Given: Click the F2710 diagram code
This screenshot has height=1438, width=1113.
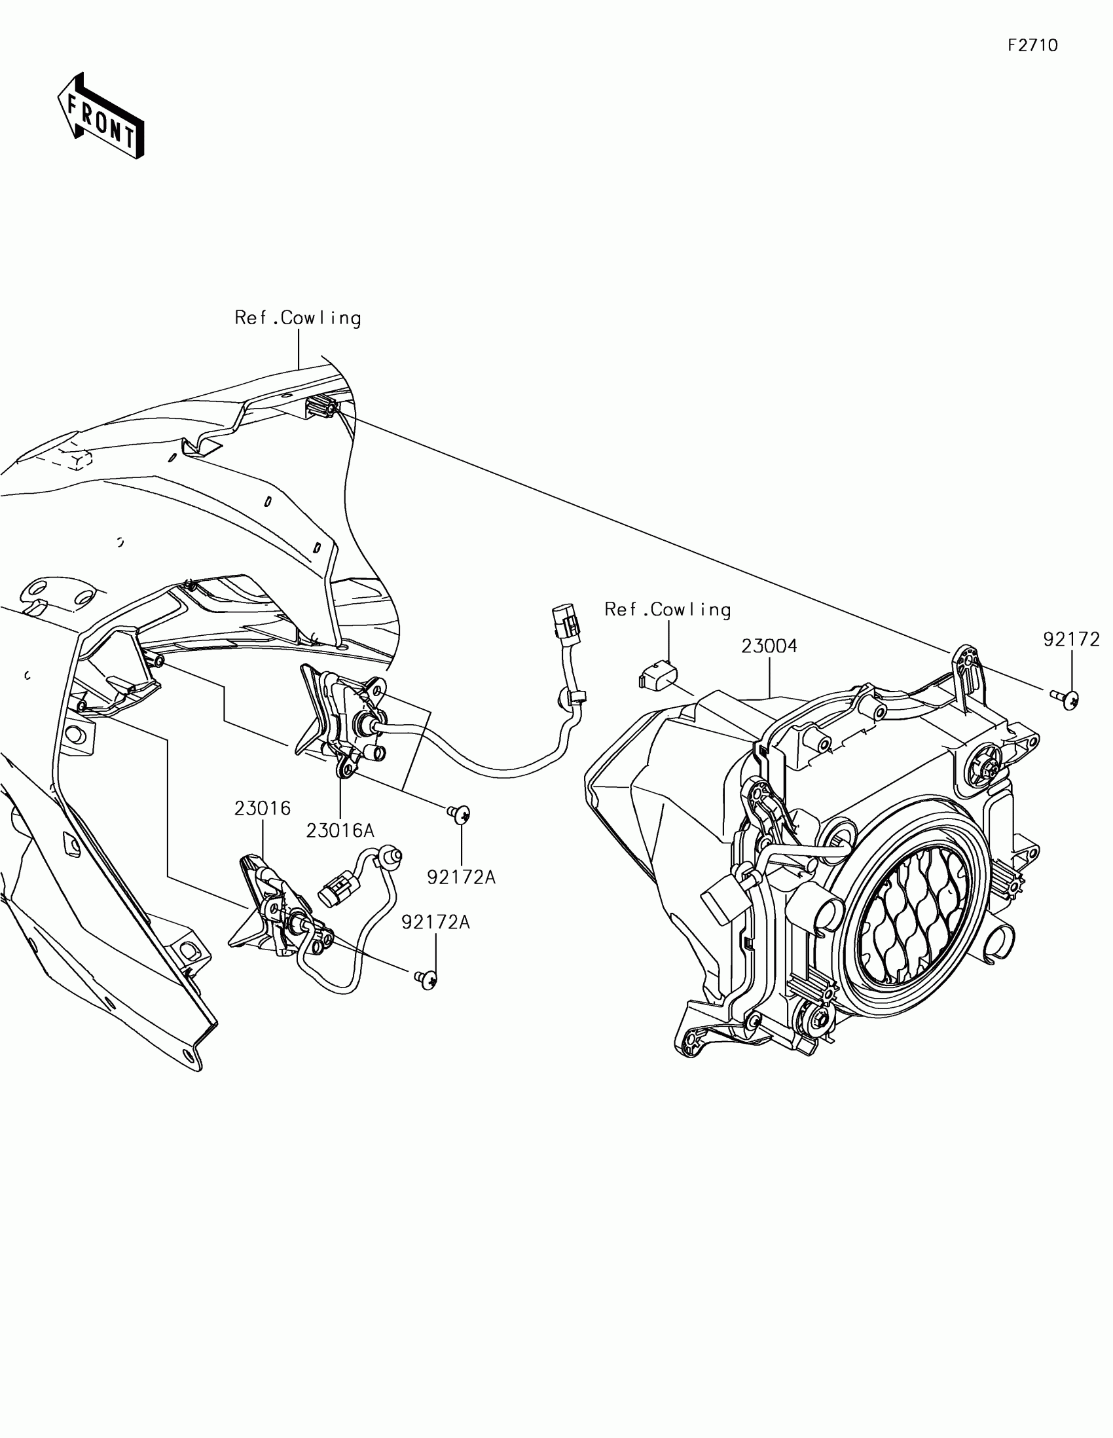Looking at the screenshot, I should click(1032, 45).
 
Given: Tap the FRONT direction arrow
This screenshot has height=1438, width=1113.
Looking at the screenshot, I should click(101, 117).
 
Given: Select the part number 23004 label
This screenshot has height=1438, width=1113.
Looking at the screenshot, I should click(769, 646).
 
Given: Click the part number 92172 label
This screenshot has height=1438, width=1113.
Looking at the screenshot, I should click(1071, 638).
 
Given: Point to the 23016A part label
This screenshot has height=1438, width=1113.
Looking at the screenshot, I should click(340, 831).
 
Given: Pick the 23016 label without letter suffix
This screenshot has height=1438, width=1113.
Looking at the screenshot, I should click(262, 808).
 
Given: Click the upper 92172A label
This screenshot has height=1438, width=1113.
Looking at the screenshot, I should click(461, 877).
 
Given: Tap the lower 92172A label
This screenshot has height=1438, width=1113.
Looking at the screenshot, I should click(435, 923).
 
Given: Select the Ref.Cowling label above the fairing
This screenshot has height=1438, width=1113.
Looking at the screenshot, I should click(297, 318).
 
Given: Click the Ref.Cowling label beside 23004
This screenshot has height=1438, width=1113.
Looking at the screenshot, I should click(667, 610).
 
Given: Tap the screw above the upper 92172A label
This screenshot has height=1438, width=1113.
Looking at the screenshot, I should click(460, 814).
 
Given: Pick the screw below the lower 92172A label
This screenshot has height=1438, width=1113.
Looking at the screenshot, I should click(426, 998).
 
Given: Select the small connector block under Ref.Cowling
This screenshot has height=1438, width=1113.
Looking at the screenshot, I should click(656, 676).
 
